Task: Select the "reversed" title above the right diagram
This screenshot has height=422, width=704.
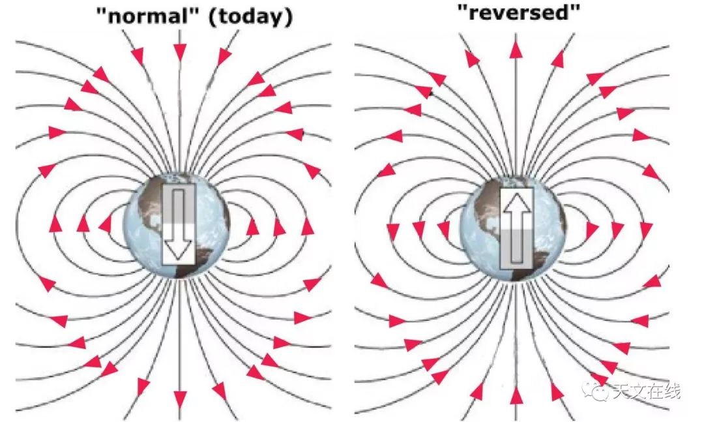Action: coord(519,12)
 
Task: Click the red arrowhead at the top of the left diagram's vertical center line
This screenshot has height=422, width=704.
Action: coord(180,52)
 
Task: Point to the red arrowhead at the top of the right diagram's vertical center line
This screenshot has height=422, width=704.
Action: coord(516,50)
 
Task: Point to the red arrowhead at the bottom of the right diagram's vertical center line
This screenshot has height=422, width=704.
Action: coord(516,395)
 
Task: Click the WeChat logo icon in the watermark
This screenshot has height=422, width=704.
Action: coord(594,390)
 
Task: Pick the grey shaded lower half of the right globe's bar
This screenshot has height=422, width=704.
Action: coord(517,250)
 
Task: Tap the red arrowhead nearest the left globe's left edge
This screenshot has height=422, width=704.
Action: coord(106,224)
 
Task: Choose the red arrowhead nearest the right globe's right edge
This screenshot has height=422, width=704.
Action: coord(592,229)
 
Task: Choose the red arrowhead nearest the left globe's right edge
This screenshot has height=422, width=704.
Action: coord(253,227)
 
